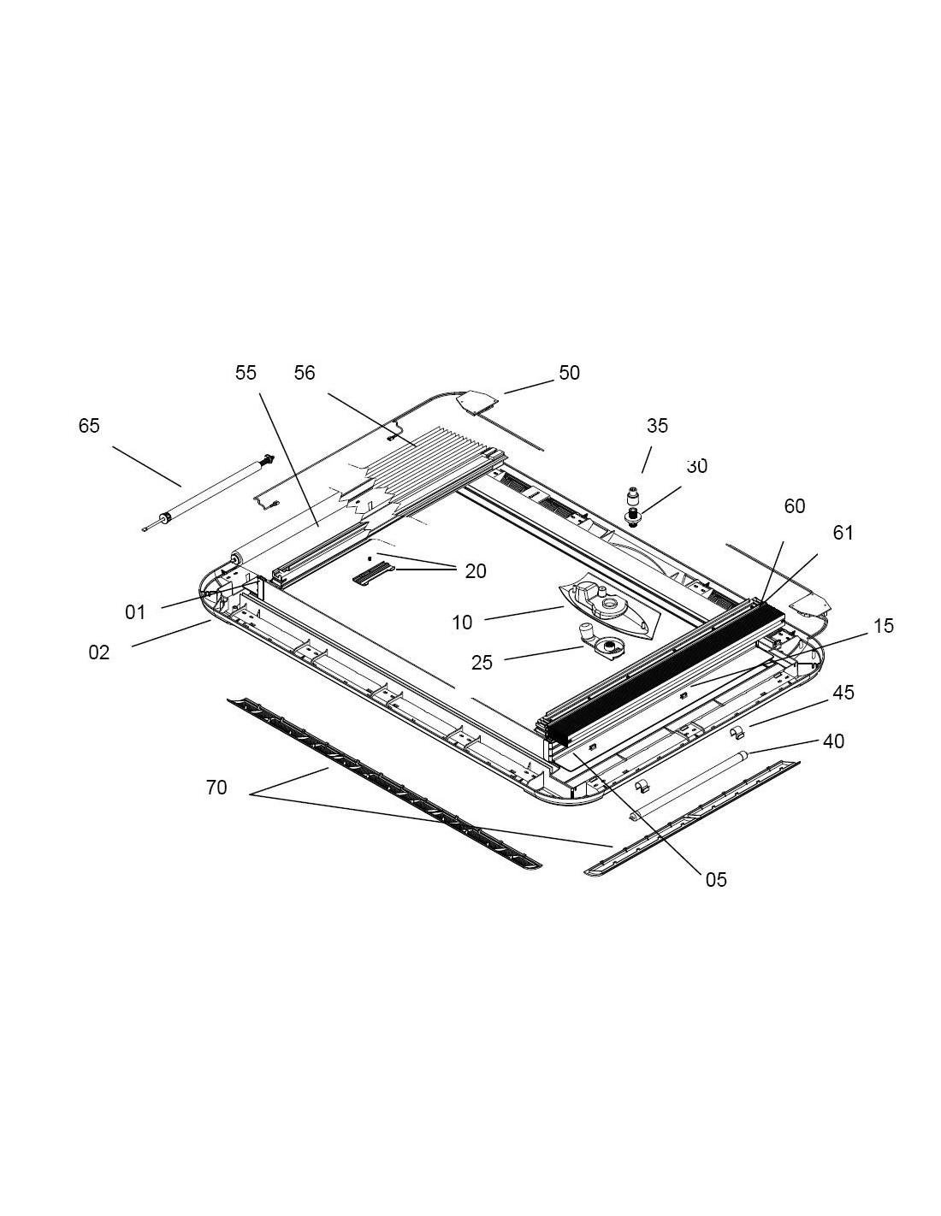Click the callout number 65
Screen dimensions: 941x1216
tap(89, 426)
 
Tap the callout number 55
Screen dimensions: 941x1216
tap(246, 373)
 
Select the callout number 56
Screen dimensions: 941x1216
tap(305, 373)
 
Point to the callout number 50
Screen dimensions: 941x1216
tap(569, 373)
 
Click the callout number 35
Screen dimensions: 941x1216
tap(657, 426)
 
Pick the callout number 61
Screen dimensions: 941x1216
tap(843, 533)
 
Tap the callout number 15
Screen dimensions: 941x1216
tap(884, 626)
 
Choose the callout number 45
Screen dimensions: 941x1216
tap(843, 693)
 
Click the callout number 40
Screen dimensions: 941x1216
tap(833, 741)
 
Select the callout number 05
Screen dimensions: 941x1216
tap(716, 880)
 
